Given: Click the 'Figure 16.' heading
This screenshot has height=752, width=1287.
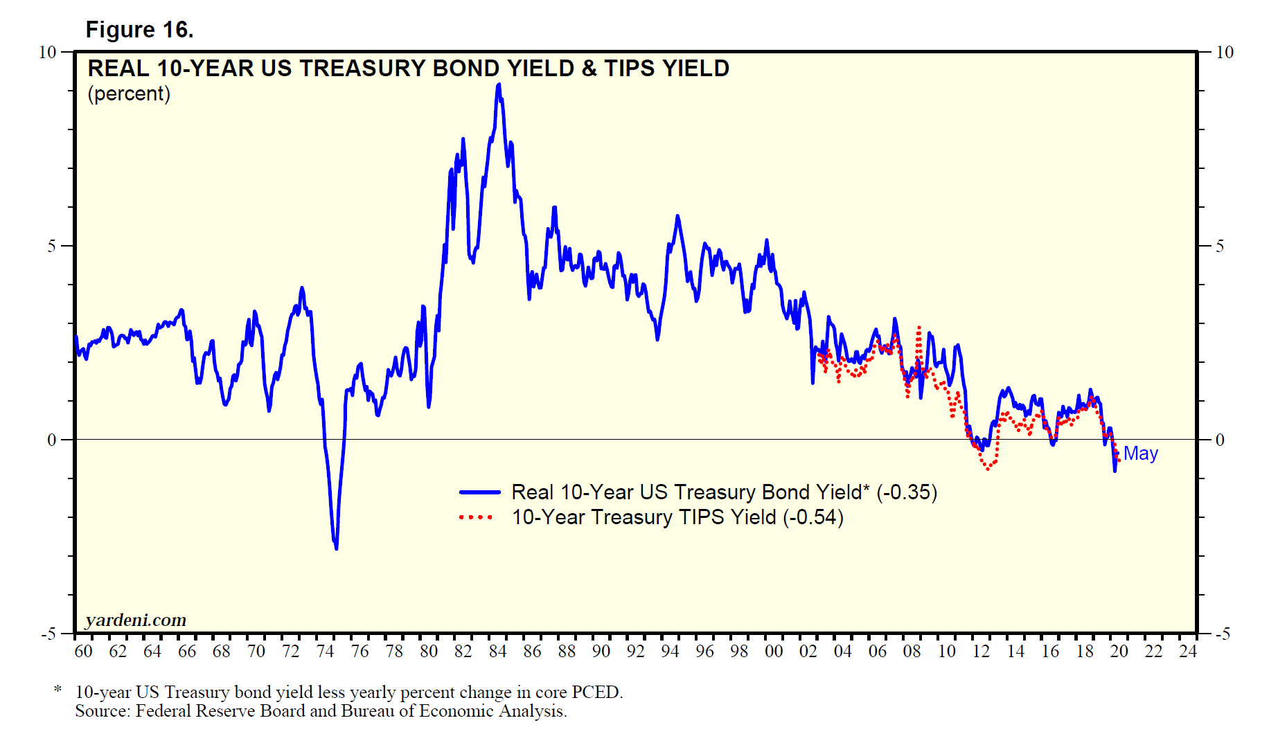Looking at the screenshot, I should [x=139, y=30].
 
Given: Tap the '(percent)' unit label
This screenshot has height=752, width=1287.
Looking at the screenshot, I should [x=129, y=93].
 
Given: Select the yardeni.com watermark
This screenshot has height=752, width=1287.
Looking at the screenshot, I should [x=136, y=620].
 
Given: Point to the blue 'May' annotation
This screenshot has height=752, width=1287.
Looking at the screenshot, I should [x=1140, y=454].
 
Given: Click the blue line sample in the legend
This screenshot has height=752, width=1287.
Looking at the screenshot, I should [x=479, y=492].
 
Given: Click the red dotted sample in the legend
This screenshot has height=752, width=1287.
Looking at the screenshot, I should [x=477, y=517].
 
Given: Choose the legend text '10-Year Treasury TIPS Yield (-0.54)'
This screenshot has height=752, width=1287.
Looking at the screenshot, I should [x=677, y=517].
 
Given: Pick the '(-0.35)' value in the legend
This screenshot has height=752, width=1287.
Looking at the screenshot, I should [x=907, y=492].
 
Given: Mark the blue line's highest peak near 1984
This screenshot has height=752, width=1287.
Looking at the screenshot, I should [x=499, y=85].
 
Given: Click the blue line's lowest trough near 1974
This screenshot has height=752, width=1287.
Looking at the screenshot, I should [x=337, y=548].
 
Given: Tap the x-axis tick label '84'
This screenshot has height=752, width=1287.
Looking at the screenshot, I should [x=497, y=652].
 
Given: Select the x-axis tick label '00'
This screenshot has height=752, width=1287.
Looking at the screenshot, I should [x=774, y=652].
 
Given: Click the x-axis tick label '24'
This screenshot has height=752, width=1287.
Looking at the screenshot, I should [x=1188, y=652].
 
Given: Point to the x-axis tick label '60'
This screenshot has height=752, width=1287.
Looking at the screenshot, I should [x=83, y=652].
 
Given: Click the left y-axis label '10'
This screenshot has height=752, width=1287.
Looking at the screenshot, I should [x=47, y=53].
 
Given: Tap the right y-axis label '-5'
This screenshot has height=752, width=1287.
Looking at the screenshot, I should [x=1223, y=634].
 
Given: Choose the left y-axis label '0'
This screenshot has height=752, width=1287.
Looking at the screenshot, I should [x=51, y=440].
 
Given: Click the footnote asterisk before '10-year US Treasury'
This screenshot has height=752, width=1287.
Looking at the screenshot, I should [x=58, y=690].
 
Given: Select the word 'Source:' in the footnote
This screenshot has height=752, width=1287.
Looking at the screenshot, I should [x=103, y=711].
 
